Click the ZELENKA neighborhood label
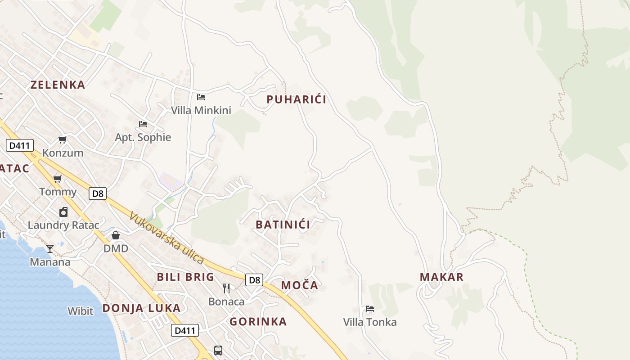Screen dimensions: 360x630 coord(58,85)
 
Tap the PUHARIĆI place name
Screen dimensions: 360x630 coord(296,99)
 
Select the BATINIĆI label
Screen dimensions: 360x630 coord(283,225)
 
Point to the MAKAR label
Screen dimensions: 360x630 coord(441,277)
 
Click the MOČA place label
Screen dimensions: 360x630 coord(300,285)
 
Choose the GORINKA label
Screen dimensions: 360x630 coord(258,322)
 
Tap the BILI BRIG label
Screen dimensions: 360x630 coord(185,277)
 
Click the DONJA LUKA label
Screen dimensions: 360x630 coord(141,308)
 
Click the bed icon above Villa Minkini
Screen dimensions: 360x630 coord(201,97)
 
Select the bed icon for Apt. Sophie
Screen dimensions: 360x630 coord(143,124)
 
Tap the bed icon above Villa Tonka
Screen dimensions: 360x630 coord(370,309)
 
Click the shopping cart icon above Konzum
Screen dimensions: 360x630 coord(63,140)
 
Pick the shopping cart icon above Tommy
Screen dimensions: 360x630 coord(58,179)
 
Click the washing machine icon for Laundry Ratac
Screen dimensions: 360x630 coord(63,212)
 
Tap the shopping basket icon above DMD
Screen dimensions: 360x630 coord(116,235)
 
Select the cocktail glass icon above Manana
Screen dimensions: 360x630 coord(50,249)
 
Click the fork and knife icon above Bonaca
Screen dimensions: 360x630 coord(226,288)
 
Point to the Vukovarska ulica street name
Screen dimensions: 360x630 coord(166,238)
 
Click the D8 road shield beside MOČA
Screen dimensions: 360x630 coord(254,280)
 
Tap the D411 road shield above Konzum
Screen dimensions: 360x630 coord(19,145)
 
